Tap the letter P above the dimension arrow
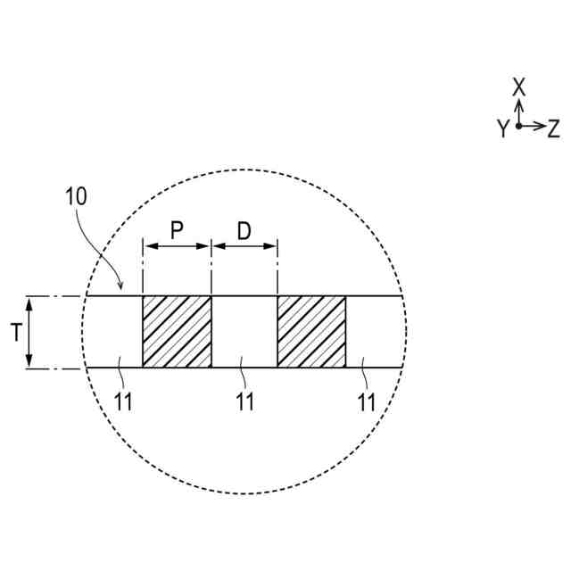177,230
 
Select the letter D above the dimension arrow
244,230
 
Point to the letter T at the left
15,333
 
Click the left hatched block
177,331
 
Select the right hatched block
311,331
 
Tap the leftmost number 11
124,401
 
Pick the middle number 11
244,401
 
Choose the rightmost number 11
366,401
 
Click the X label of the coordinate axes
519,87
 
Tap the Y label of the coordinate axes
503,129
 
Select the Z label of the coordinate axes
553,128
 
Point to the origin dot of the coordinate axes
519,126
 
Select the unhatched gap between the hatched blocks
244,331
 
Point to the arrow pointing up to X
519,111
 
